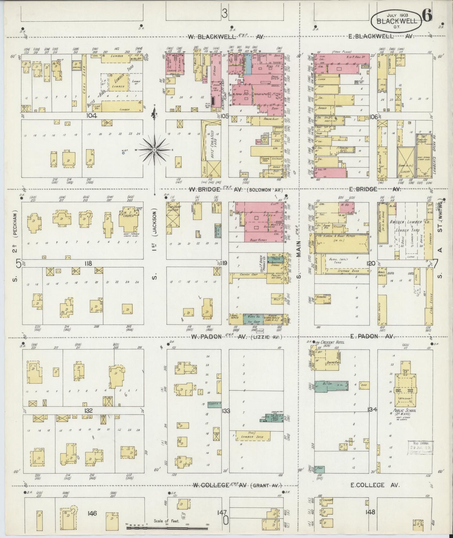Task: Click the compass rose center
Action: pyautogui.click(x=154, y=150)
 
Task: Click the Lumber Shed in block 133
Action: pyautogui.click(x=253, y=437)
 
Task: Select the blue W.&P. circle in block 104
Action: pyautogui.click(x=123, y=153)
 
